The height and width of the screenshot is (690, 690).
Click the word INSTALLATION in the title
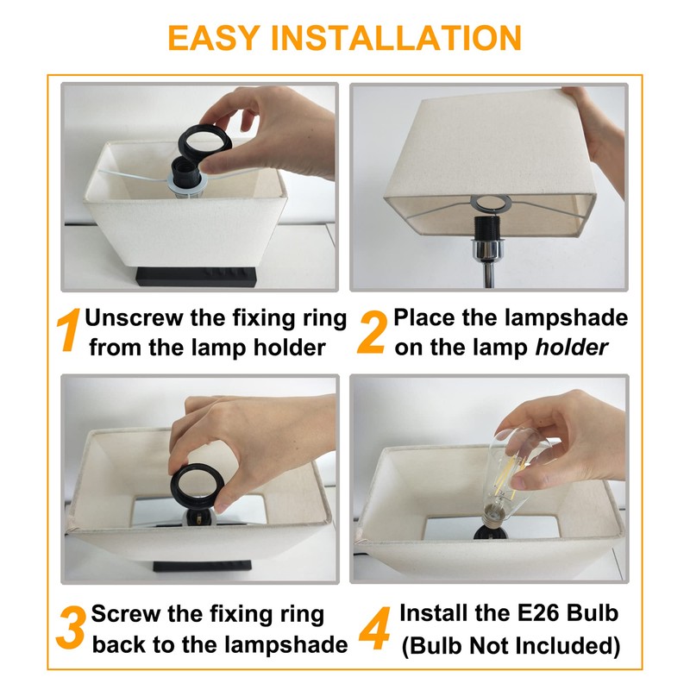point(396,38)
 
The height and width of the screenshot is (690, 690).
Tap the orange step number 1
point(68,329)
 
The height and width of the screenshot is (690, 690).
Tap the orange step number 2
point(373,331)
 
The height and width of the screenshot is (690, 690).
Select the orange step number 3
point(70,628)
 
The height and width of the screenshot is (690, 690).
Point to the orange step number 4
point(374,628)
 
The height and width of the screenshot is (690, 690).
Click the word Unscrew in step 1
point(134,317)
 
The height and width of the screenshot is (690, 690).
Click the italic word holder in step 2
point(571,348)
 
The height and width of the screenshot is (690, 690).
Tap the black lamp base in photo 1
point(197,276)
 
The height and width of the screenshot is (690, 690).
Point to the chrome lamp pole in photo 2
point(488,273)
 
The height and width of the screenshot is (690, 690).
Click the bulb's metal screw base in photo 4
point(492,515)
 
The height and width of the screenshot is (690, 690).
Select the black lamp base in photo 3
point(202,566)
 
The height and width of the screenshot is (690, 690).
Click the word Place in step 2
point(423,317)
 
